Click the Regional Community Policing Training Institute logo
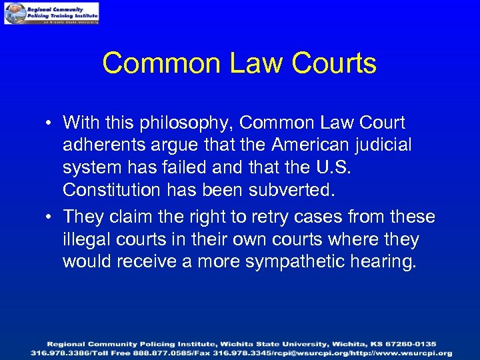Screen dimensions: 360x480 coord(51,13)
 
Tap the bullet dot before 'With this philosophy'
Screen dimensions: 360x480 coord(51,123)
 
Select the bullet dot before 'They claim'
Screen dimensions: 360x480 coord(51,217)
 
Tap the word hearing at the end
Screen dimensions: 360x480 coord(387,262)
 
